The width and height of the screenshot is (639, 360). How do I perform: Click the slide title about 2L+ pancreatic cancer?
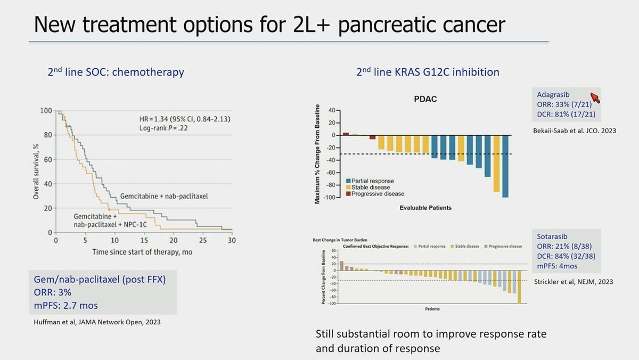click(269, 24)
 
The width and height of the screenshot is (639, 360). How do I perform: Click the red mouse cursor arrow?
click(595, 97)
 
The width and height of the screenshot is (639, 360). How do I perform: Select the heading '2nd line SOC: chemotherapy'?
click(116, 72)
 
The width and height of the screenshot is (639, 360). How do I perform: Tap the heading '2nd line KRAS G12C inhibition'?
click(428, 72)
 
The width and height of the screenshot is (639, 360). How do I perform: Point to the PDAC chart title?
click(425, 100)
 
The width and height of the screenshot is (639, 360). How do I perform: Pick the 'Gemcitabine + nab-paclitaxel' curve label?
click(163, 196)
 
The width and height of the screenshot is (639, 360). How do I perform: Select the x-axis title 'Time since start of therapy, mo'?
click(142, 252)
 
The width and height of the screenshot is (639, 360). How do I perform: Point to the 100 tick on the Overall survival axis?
click(46, 111)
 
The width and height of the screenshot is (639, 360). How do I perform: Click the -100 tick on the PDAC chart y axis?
click(331, 198)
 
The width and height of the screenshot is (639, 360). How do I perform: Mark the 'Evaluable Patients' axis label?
click(425, 208)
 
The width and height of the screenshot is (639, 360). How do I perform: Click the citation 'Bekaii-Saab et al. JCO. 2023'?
click(574, 130)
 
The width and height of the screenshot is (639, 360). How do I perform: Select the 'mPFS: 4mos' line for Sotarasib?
click(558, 266)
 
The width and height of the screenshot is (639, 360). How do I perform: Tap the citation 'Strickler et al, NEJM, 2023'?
click(573, 282)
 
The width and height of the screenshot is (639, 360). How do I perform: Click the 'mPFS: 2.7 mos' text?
click(66, 306)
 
